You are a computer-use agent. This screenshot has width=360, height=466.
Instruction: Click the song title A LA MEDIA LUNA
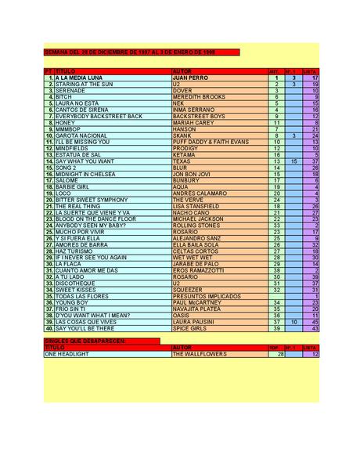(x=81, y=78)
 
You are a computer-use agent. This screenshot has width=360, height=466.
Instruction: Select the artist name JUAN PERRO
(x=192, y=78)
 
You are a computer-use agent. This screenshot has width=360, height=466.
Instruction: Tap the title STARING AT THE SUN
(x=85, y=85)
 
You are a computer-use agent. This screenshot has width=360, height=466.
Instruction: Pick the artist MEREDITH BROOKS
(x=199, y=97)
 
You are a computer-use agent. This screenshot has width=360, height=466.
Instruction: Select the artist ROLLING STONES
(x=196, y=226)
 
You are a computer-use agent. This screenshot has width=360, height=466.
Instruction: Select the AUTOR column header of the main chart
(x=182, y=71)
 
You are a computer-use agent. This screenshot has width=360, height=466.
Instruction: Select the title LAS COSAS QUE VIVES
(x=87, y=321)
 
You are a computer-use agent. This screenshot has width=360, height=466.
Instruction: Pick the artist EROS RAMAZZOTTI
(x=200, y=270)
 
